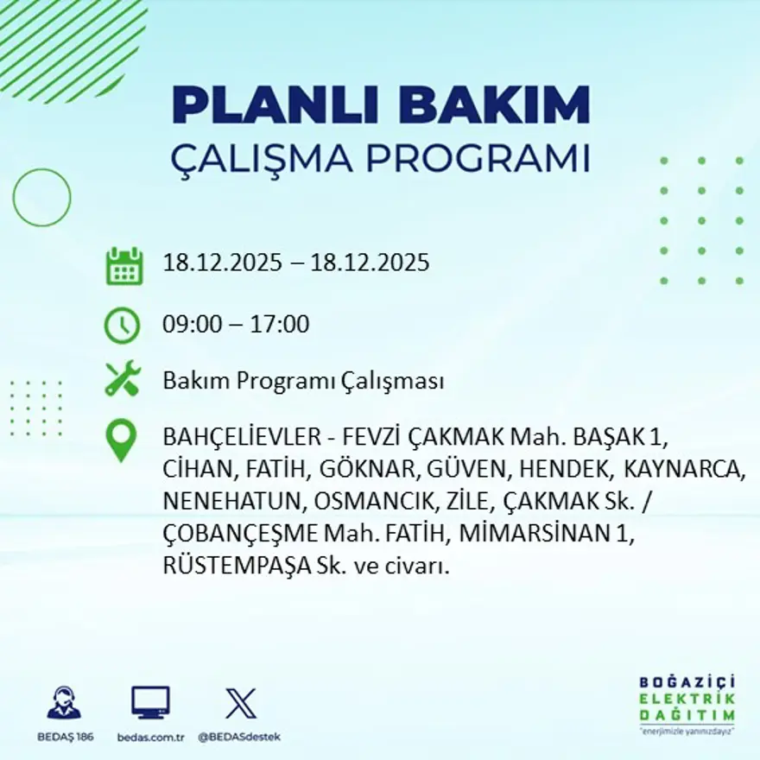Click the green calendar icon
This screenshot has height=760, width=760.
pos(123,266)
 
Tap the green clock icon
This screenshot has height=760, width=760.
pos(122,326)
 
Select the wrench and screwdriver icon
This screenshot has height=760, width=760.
pos(122,380)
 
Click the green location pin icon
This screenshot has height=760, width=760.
pos(121,440)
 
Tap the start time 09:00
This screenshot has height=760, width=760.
pos(190,325)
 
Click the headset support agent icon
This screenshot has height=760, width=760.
pos(64,703)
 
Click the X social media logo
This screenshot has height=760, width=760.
pos(240,703)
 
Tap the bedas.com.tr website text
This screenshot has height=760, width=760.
pos(151,737)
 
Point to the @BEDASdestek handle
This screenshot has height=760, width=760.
pos(239,737)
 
